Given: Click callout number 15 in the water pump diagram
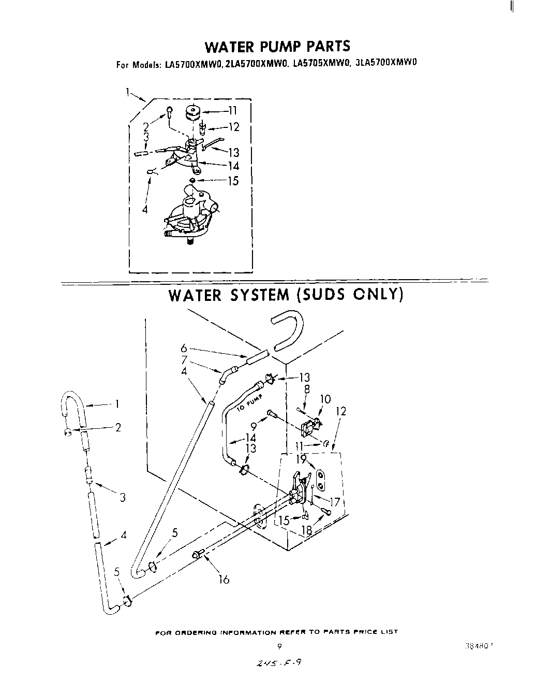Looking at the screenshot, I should tap(233, 181).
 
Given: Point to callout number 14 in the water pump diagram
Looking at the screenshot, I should tap(233, 166).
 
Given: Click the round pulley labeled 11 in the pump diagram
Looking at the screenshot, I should tap(193, 111).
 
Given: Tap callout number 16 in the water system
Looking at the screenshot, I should tap(224, 580).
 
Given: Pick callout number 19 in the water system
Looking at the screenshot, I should tap(301, 458).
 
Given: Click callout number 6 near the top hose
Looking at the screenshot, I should tap(183, 349).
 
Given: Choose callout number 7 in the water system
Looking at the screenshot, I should tap(183, 360).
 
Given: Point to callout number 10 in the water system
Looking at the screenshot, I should tap(325, 399).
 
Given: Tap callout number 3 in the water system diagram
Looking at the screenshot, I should tap(123, 498).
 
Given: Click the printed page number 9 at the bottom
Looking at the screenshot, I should tap(279, 646).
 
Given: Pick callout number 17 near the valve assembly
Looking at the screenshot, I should tap(335, 501).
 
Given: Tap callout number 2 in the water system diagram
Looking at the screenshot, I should tap(118, 428).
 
